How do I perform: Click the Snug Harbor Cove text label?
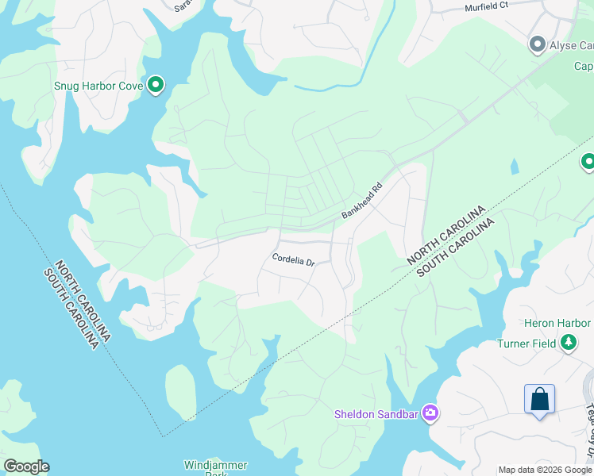pyautogui.click(x=98, y=86)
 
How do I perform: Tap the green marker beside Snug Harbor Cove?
pyautogui.click(x=156, y=84)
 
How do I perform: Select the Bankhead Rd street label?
pyautogui.click(x=362, y=201)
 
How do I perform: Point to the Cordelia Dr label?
pyautogui.click(x=294, y=259)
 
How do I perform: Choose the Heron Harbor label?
pyautogui.click(x=557, y=323)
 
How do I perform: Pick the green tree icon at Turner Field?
pyautogui.click(x=569, y=343)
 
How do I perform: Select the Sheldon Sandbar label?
pyautogui.click(x=376, y=413)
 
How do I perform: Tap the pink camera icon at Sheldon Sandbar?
pyautogui.click(x=430, y=413)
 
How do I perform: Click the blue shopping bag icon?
pyautogui.click(x=539, y=398)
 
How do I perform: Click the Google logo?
pyautogui.click(x=25, y=466)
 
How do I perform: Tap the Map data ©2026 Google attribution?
pyautogui.click(x=545, y=470)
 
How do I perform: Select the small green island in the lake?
pyautogui.click(x=181, y=393)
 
